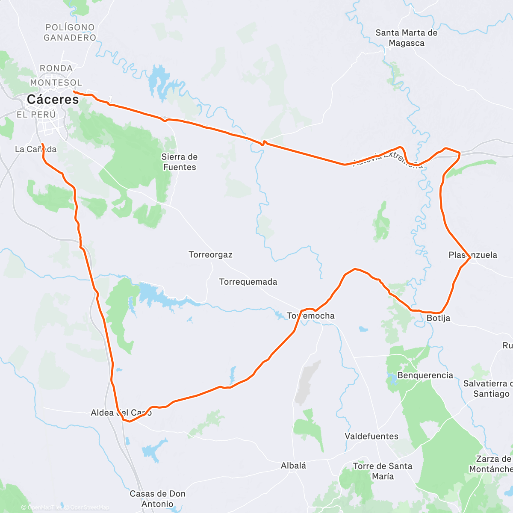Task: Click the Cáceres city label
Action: tap(53, 100)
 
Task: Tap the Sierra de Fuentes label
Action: tap(180, 162)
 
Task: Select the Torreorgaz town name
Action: tap(210, 255)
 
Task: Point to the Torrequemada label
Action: tap(248, 282)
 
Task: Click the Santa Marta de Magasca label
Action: tap(406, 38)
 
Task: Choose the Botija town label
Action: tap(438, 318)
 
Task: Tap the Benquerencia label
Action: tap(425, 375)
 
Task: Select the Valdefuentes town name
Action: tap(371, 436)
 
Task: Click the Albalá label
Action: tap(293, 466)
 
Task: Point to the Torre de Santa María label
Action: tap(383, 471)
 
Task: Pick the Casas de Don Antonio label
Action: tap(157, 499)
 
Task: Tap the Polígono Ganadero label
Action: tap(70, 32)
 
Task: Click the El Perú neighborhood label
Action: tap(36, 115)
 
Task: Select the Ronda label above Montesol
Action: tap(56, 68)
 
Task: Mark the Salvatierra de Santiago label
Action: tap(487, 389)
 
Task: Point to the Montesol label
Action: tap(56, 83)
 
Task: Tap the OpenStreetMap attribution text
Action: tap(89, 507)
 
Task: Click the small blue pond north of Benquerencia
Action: tap(363, 329)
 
